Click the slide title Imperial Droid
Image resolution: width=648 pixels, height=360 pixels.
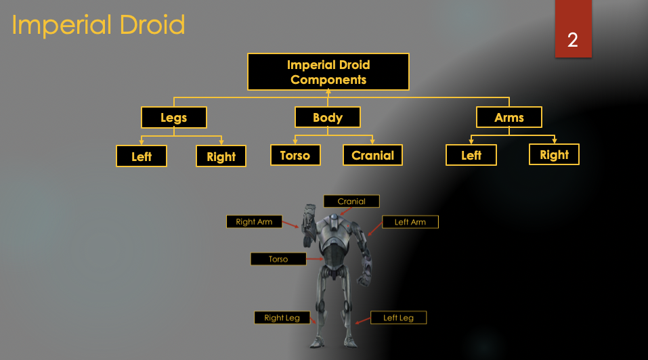pos(99,26)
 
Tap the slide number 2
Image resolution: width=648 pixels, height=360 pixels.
pos(573,40)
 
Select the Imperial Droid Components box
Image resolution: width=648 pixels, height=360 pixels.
pos(328,72)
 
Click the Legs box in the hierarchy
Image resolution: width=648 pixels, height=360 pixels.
pos(174,118)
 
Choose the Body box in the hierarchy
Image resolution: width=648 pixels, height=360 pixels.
pos(328,118)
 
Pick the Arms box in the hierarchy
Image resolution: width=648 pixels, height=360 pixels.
pos(509,118)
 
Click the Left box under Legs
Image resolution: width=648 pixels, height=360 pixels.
pos(142,157)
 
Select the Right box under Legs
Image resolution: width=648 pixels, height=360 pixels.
pos(221,157)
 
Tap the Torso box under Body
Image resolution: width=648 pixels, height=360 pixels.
pos(295,156)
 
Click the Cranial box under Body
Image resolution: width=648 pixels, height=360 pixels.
pos(372,156)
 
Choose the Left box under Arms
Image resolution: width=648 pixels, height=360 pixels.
pos(471,156)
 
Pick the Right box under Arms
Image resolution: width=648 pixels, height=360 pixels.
pos(554,155)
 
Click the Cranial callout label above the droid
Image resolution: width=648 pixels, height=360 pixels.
pos(351,201)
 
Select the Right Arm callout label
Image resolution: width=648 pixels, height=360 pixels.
pos(254,222)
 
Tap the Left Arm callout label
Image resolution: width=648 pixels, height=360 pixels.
pos(410,222)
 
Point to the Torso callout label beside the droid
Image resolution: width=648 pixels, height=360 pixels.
pos(278,259)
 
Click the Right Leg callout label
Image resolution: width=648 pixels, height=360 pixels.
pos(282,317)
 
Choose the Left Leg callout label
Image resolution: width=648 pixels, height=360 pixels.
pos(398,317)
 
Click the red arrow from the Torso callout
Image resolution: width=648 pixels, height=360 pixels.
pos(316,259)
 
